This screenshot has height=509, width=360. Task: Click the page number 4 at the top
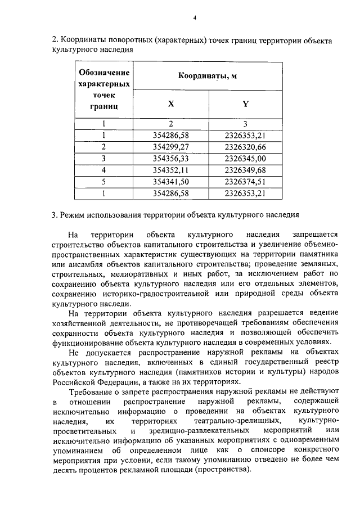pyautogui.click(x=194, y=17)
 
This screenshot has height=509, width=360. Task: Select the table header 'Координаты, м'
pyautogui.click(x=204, y=76)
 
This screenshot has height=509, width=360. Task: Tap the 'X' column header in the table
pyautogui.click(x=171, y=103)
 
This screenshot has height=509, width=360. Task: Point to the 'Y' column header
pyautogui.click(x=245, y=103)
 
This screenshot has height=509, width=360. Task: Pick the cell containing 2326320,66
pyautogui.click(x=245, y=147)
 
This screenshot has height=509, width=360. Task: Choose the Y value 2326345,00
pyautogui.click(x=245, y=159)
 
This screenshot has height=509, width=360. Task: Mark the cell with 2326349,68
pyautogui.click(x=245, y=170)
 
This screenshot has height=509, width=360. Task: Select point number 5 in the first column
pyautogui.click(x=104, y=182)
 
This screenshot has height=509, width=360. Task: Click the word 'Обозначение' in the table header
pyautogui.click(x=104, y=73)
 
